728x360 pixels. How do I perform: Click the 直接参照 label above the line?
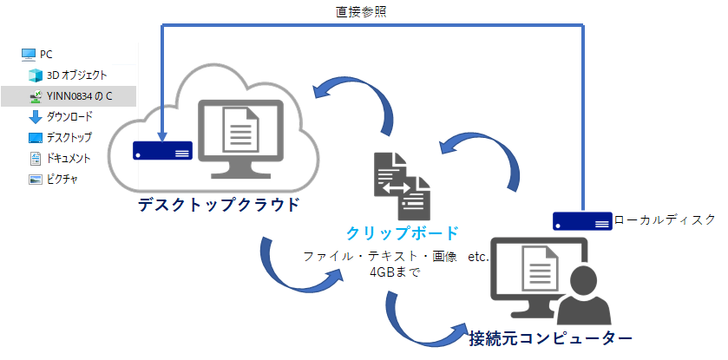(x=361, y=12)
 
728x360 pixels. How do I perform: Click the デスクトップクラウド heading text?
(x=219, y=205)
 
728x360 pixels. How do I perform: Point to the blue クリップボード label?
(x=403, y=232)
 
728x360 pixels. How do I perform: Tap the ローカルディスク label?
(x=665, y=219)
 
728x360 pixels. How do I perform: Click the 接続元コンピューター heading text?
(x=550, y=337)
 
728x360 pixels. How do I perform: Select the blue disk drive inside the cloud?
(x=162, y=150)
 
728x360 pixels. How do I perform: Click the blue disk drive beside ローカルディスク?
(x=582, y=221)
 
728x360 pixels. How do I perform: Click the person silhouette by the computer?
(x=584, y=296)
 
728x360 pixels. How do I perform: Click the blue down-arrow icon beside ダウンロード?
(x=36, y=117)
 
